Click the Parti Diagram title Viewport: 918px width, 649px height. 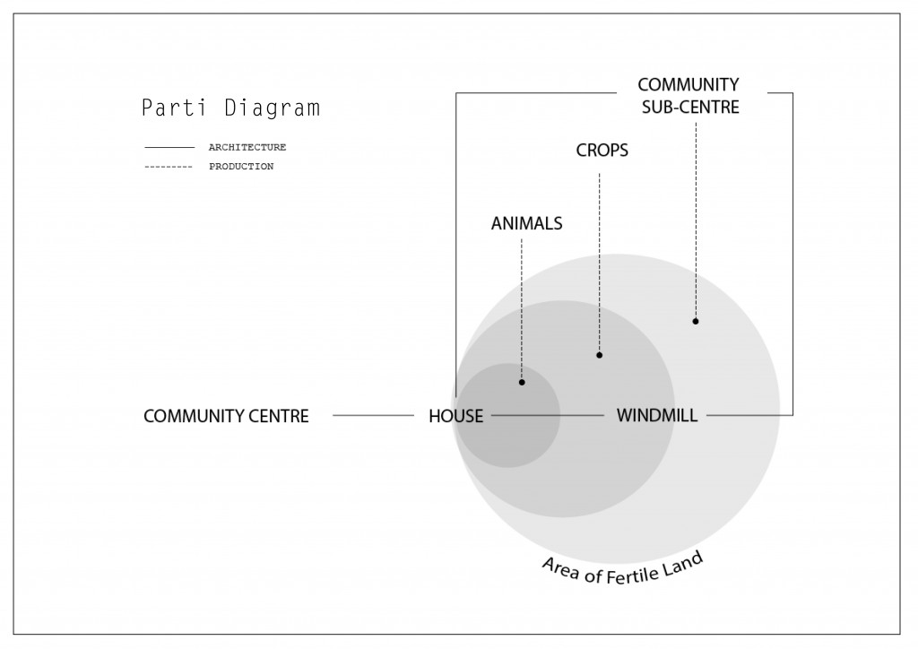coord(230,108)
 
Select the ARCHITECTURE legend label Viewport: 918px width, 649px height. coord(247,147)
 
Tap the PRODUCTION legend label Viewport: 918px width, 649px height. coord(241,167)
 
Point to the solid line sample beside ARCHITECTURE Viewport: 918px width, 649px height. coord(169,147)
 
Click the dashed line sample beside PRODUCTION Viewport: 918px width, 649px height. coord(169,167)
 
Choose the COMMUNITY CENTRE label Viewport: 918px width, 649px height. coord(226,416)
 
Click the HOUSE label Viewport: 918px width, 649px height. coord(455,416)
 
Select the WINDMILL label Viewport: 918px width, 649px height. coord(657,416)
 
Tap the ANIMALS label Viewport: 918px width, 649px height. coord(526,224)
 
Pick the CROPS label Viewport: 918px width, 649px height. coord(602,151)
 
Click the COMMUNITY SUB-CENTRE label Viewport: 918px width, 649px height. coord(688,96)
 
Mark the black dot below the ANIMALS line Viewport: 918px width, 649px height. coord(522,383)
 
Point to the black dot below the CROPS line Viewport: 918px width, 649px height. coord(600,355)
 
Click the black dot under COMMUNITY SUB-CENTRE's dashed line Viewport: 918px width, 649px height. coord(696,321)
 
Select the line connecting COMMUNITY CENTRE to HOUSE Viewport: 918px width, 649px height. coord(372,415)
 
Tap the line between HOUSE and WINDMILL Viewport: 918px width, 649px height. coord(548,415)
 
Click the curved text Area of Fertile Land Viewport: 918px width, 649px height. coord(621,566)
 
